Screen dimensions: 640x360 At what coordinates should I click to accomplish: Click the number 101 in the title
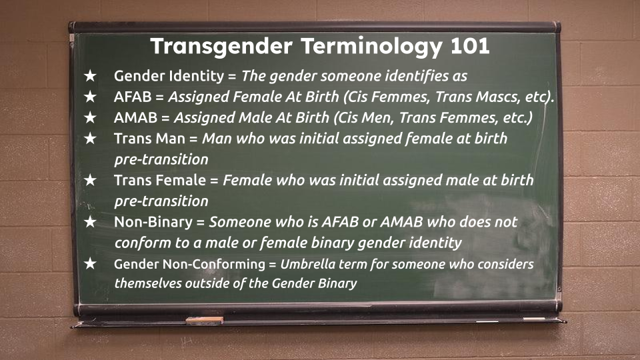(470, 46)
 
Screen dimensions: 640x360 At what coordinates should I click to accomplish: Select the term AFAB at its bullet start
(133, 97)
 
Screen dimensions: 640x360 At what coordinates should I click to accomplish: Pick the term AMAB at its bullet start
(135, 117)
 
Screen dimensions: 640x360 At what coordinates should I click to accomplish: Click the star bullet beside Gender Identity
(90, 75)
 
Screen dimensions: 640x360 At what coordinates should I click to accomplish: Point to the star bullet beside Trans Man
(90, 139)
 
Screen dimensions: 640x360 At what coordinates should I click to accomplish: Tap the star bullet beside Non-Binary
(90, 221)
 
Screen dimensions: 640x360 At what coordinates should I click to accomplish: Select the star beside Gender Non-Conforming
(90, 263)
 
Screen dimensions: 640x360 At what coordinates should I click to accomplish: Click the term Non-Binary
(153, 222)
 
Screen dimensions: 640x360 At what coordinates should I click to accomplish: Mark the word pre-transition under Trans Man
(161, 159)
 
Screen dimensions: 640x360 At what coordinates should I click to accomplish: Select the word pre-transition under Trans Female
(161, 201)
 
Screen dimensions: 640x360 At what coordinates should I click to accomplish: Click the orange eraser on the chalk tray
(205, 321)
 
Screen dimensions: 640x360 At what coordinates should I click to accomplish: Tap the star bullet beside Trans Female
(90, 180)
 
